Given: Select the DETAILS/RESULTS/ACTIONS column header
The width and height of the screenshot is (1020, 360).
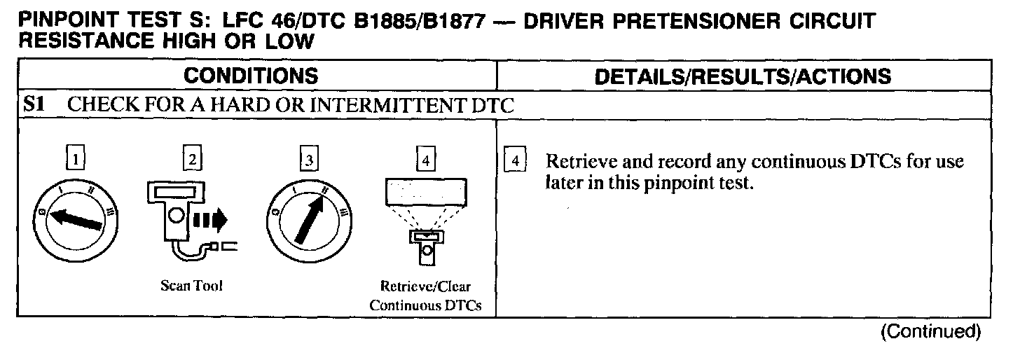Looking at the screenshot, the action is (x=743, y=76).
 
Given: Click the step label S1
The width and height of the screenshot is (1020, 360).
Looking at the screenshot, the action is (x=35, y=106).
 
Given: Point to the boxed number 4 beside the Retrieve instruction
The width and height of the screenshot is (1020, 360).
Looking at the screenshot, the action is (x=515, y=161).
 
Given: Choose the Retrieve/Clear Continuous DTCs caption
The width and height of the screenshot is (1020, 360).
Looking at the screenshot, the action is (x=425, y=296).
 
